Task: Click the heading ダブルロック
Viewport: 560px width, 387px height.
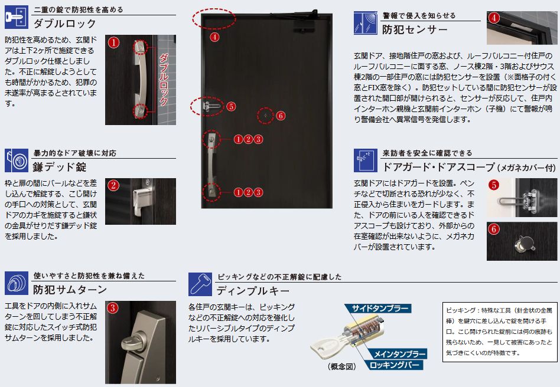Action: click(64, 24)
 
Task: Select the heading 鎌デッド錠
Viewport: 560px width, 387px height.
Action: click(60, 166)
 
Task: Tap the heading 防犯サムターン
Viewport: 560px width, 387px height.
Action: click(70, 289)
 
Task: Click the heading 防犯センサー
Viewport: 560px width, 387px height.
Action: click(415, 29)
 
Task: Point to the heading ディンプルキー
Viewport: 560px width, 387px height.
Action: click(253, 291)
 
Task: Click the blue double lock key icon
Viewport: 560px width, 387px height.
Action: click(17, 17)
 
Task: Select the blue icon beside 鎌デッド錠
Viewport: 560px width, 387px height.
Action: click(17, 160)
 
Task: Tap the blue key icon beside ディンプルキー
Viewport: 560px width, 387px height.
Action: click(200, 284)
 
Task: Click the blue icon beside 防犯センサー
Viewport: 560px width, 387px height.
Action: click(365, 23)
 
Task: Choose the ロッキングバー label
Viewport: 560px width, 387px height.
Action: click(393, 365)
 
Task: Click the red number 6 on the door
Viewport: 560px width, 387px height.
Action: click(281, 116)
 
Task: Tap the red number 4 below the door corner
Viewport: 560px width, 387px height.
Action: click(214, 37)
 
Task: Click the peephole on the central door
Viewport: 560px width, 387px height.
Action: click(265, 116)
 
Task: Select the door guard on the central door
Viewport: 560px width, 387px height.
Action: click(211, 106)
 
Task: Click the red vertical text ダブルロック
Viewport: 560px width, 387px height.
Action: click(164, 80)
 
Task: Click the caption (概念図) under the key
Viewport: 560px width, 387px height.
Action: click(342, 366)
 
